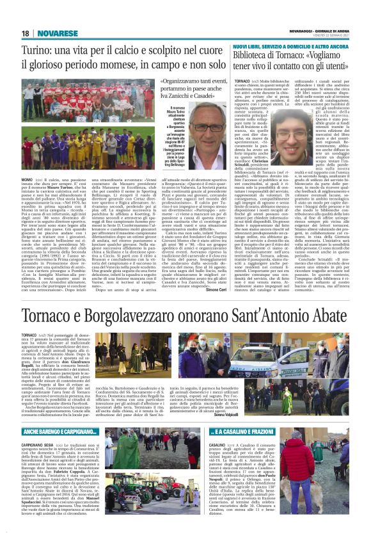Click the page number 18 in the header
26,33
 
